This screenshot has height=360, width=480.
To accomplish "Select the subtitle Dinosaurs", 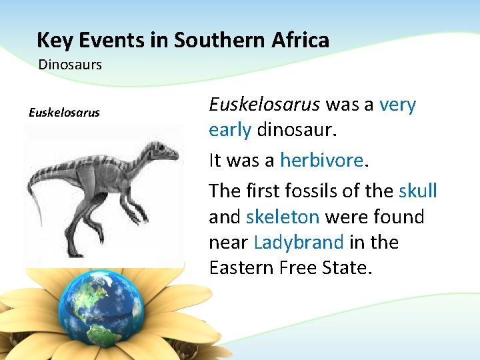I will tap(70, 65).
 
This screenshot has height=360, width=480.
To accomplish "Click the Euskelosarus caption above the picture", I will tap(64, 112).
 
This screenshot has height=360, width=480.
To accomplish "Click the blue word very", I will tap(397, 105).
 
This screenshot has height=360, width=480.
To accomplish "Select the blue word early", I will tap(230, 130).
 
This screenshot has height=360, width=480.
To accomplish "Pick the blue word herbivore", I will tap(322, 160).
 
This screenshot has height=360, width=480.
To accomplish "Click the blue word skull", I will tap(418, 191).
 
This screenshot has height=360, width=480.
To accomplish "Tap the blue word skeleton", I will tap(283, 217).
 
